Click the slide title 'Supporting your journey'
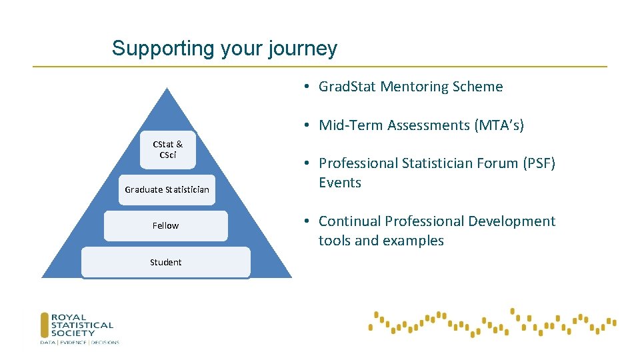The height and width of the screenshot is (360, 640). tap(224, 49)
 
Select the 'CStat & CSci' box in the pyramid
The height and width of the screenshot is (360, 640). tap(167, 149)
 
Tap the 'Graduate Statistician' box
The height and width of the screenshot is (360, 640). tap(167, 189)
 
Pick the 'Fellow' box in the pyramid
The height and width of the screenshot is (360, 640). tap(165, 225)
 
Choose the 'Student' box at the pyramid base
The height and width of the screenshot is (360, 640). tap(165, 262)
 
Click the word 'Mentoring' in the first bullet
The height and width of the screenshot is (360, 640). tap(415, 87)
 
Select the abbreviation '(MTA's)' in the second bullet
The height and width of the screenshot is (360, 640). tap(499, 125)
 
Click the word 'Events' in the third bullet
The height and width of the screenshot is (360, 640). tap(339, 183)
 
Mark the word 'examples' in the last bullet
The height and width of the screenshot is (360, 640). tap(417, 241)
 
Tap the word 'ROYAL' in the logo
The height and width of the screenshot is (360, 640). tap(69, 318)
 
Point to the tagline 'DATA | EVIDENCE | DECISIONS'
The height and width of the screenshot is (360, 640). tap(79, 343)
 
